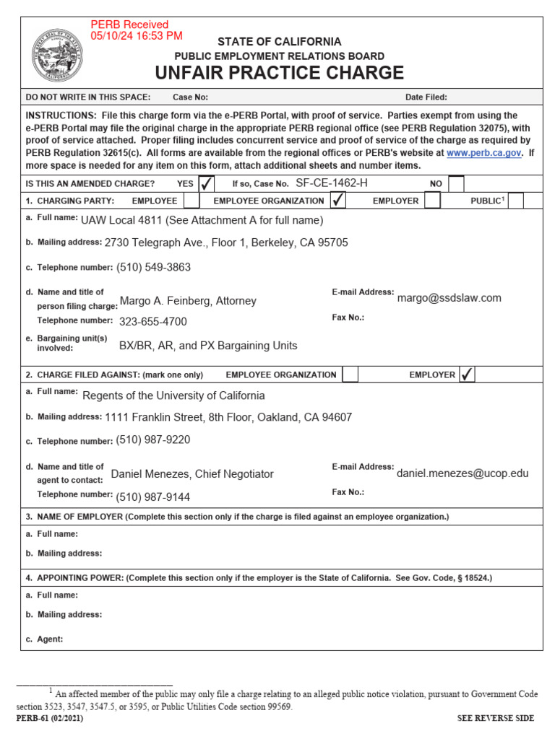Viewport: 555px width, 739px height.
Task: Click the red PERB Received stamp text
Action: [x=136, y=30]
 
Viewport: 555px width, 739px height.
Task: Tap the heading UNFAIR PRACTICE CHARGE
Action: [x=280, y=73]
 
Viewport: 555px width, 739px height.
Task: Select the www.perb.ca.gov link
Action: [x=483, y=153]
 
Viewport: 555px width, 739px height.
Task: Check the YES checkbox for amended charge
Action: [x=207, y=183]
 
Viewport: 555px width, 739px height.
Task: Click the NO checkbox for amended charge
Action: [x=456, y=183]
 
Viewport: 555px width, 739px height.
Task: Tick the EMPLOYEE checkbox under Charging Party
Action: [x=192, y=201]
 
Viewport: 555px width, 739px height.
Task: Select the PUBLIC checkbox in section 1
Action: [x=515, y=201]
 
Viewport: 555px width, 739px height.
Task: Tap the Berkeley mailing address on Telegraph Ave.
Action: [x=225, y=242]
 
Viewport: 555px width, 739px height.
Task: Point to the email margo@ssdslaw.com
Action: [x=449, y=298]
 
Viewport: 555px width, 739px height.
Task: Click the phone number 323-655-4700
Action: [x=152, y=322]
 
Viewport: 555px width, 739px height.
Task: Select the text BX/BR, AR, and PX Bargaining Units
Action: [x=208, y=346]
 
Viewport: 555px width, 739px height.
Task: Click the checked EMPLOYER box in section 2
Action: [x=467, y=375]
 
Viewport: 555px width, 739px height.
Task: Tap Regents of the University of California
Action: [x=173, y=395]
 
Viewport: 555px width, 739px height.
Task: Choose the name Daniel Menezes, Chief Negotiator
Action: [x=192, y=474]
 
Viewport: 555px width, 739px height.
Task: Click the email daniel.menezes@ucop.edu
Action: [x=462, y=473]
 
